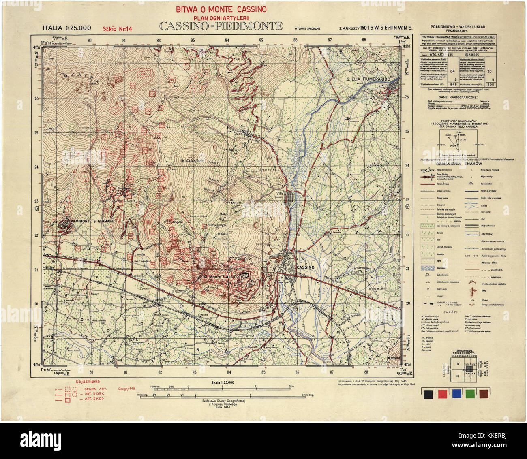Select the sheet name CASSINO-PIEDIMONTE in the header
coord(221,27)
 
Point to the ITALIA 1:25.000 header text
coord(67,28)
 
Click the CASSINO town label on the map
coord(305,268)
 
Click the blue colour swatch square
coord(457,393)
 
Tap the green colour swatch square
coord(471,393)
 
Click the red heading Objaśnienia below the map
coord(88,381)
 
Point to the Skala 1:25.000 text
coord(223,382)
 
